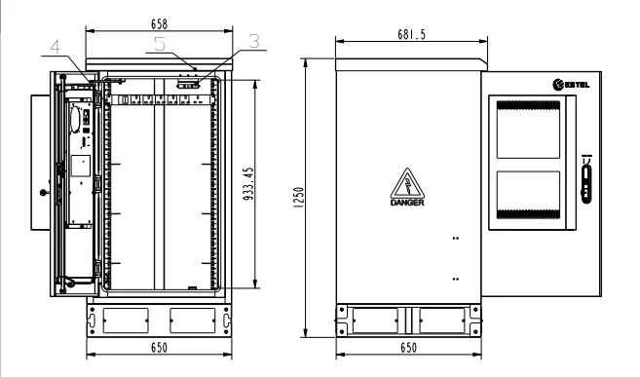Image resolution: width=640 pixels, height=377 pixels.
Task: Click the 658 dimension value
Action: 159,24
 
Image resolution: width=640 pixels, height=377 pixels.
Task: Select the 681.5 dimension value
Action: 411,35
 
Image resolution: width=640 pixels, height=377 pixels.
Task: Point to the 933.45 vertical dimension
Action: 248,183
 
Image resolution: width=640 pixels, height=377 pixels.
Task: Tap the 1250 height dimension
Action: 299,198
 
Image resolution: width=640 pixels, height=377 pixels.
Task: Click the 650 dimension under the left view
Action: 159,348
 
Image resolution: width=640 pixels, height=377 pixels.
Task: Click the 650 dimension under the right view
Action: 408,348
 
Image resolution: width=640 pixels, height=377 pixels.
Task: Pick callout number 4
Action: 56,47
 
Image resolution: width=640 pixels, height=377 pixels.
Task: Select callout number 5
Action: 160,44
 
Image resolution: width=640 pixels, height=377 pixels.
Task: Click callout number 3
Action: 254,41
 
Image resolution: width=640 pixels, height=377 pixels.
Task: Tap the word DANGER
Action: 407,203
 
